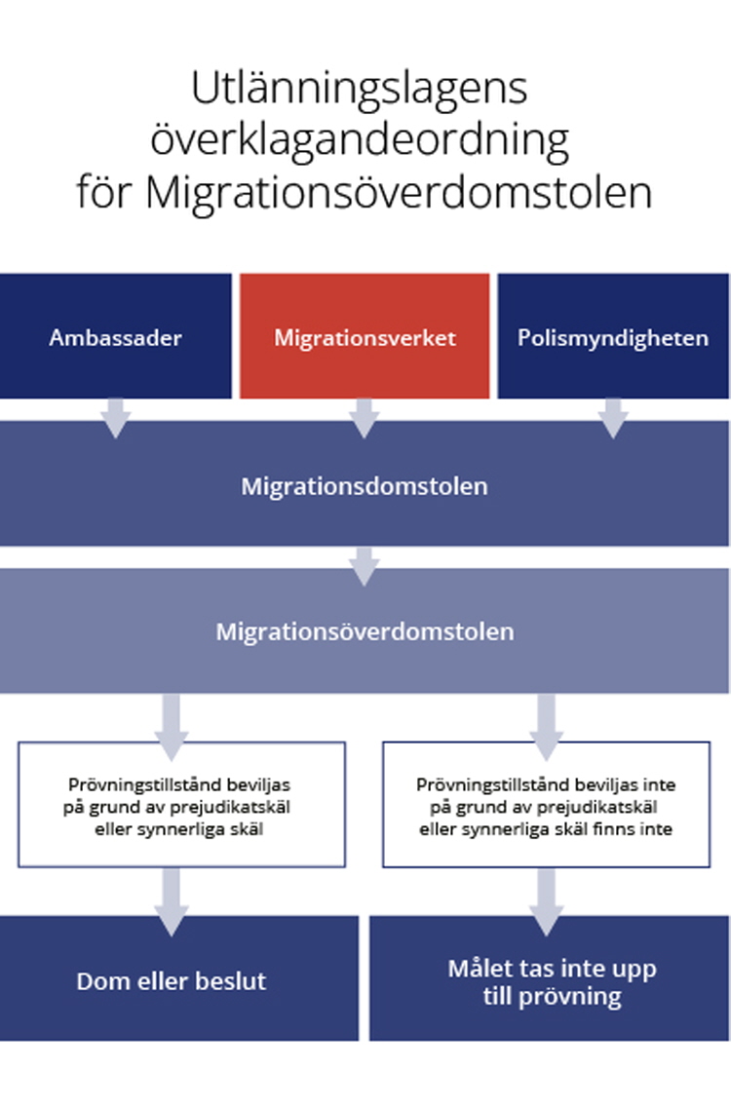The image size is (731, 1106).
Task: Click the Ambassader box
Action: point(116,336)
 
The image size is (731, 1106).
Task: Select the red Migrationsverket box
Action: point(365,336)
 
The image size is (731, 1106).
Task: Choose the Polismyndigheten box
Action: point(613,336)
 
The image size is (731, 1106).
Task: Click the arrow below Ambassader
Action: point(116,418)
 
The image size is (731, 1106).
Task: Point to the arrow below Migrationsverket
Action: point(365,418)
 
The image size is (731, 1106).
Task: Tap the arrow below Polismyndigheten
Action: point(613,418)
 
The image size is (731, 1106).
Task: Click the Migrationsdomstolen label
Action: point(365,486)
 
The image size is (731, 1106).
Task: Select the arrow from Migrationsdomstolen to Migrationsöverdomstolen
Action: point(365,566)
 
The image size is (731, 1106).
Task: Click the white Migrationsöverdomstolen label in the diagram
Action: point(365,631)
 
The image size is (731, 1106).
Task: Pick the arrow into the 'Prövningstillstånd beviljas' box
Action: point(171,727)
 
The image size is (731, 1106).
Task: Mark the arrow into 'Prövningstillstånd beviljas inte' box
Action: point(546,727)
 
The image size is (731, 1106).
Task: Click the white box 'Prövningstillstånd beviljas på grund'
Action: point(181,804)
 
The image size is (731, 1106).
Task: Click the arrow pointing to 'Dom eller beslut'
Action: point(171,902)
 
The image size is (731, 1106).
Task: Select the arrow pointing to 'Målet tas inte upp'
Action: point(546,902)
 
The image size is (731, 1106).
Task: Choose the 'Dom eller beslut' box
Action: point(179,978)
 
